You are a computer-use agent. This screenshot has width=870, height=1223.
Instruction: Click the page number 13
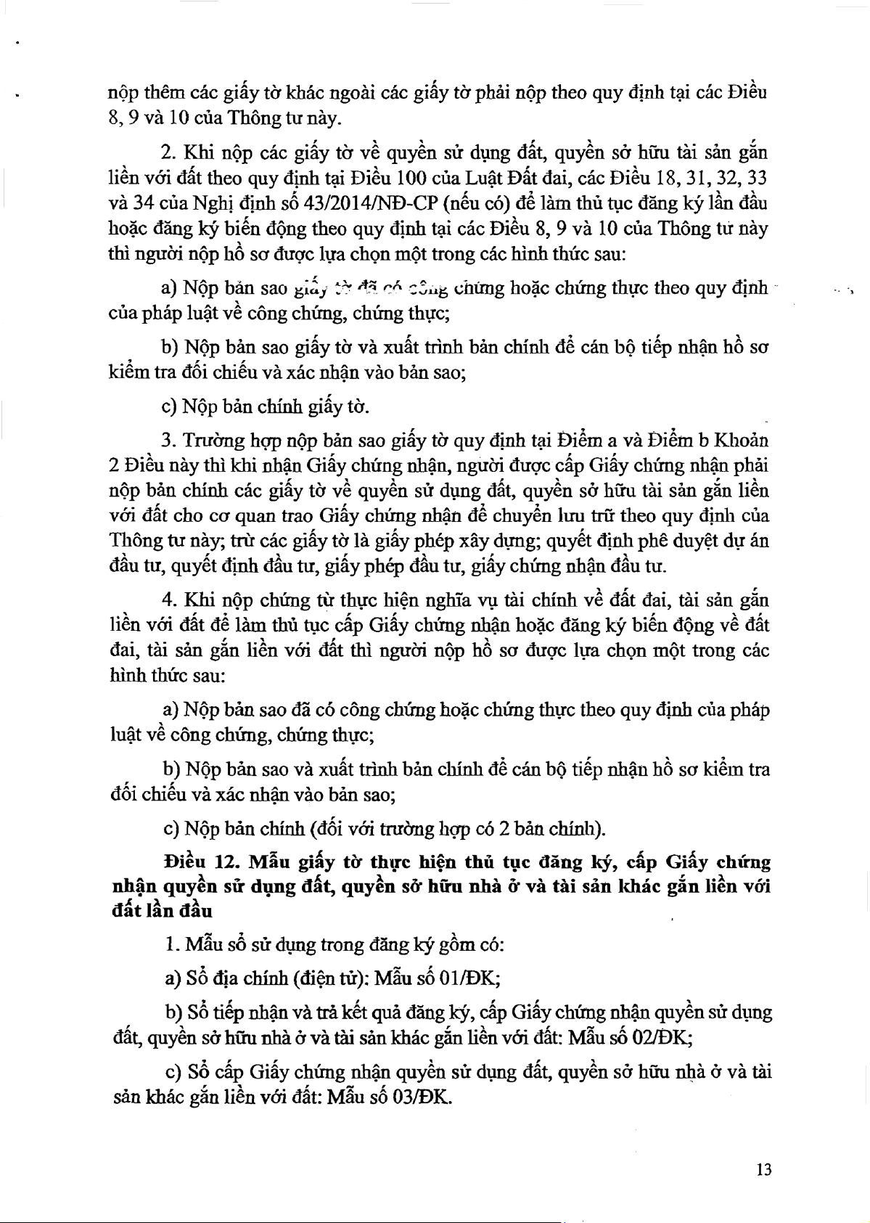pyautogui.click(x=763, y=1169)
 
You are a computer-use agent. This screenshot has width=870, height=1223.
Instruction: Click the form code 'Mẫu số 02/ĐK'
pyautogui.click(x=629, y=1037)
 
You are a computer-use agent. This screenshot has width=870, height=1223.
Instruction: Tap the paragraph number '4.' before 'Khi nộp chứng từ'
pyautogui.click(x=170, y=600)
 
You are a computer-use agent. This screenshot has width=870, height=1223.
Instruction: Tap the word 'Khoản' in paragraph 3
pyautogui.click(x=742, y=440)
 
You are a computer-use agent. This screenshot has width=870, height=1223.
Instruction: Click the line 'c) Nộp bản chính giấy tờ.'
pyautogui.click(x=266, y=406)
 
